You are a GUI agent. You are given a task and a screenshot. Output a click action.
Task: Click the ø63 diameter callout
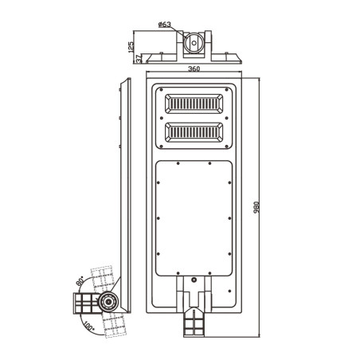click(x=165, y=25)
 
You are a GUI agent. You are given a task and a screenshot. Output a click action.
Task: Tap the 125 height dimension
click(x=131, y=47)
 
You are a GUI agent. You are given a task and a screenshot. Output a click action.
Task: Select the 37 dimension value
click(x=139, y=59)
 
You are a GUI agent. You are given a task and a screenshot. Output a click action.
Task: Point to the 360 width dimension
click(x=194, y=68)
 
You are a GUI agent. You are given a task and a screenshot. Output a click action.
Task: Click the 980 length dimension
click(x=256, y=207)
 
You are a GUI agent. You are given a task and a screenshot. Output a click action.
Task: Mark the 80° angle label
click(x=80, y=280)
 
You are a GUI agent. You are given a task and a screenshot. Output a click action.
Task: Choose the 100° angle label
click(x=89, y=326)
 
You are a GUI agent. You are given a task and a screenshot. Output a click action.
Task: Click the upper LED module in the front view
click(x=194, y=104)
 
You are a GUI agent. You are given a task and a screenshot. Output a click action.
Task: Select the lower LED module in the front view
click(x=194, y=132)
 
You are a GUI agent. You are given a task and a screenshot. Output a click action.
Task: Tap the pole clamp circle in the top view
click(x=194, y=43)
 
